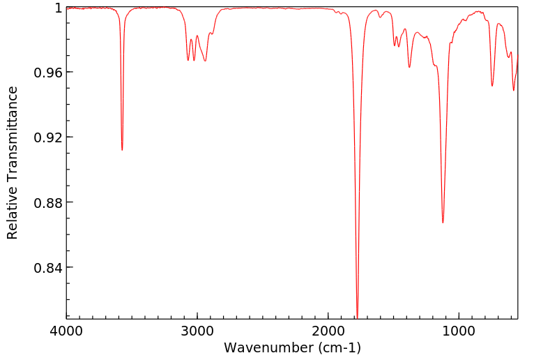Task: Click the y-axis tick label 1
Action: coord(58,8)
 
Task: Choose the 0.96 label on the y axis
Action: coord(49,73)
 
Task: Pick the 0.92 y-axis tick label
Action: coord(49,137)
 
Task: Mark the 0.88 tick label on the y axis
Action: coord(49,202)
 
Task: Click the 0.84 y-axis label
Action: coord(49,267)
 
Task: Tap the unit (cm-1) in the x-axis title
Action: coord(339,347)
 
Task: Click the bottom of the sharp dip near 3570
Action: coord(122,150)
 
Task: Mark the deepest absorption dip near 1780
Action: coord(357,317)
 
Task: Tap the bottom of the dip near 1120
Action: coord(443,223)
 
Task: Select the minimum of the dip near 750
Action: coord(492,86)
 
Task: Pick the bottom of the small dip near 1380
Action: coord(409,67)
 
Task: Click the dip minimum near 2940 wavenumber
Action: coord(205,61)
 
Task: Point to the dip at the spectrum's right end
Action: coord(514,90)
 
